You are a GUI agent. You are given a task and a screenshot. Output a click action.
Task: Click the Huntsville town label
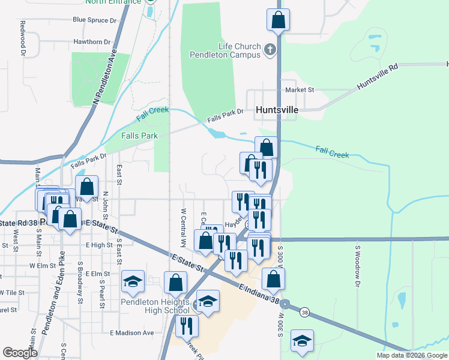[x=277, y=110]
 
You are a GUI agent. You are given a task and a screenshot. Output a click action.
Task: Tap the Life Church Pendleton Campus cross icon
[x=271, y=49]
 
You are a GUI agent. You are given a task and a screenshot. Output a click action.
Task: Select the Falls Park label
[x=139, y=136]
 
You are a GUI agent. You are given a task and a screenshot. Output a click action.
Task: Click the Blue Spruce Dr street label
[x=94, y=20]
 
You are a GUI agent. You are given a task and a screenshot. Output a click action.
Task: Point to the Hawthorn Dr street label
[x=92, y=42]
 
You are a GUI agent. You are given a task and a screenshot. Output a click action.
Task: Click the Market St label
[x=300, y=89]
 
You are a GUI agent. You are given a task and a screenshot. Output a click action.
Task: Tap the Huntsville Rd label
[x=378, y=77]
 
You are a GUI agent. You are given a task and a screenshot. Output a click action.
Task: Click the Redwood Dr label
[x=23, y=38]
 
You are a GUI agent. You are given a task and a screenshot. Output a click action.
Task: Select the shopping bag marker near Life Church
[x=279, y=20]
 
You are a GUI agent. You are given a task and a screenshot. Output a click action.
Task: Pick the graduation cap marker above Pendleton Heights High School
[x=133, y=280]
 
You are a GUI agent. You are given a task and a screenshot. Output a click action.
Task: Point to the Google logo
[x=20, y=353]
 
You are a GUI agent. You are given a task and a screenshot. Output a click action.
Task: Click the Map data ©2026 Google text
[x=411, y=355]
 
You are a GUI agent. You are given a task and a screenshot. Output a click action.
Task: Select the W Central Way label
[x=184, y=229]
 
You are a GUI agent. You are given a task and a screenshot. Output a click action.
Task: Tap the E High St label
[x=99, y=245]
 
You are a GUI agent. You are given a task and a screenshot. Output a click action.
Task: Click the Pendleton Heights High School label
[x=155, y=306]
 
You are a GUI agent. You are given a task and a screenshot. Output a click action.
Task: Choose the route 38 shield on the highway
[x=305, y=312]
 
